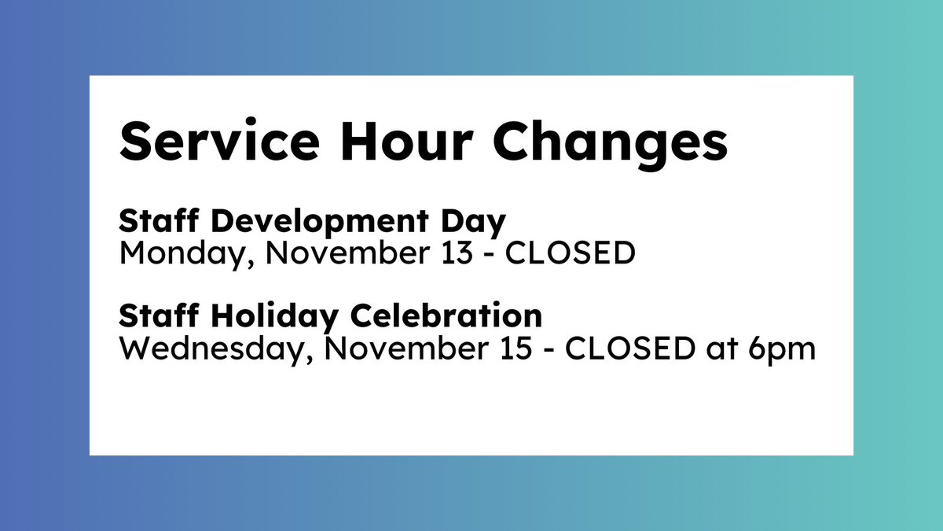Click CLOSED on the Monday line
point(571,253)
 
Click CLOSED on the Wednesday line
point(629,347)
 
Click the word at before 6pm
point(721,348)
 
